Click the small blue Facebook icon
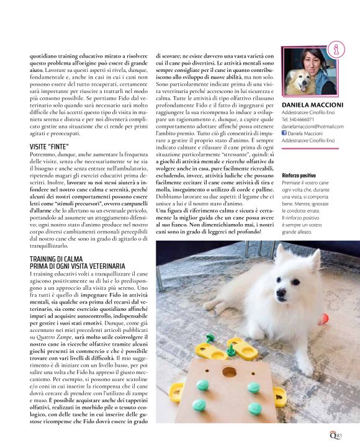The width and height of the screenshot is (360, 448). point(284,133)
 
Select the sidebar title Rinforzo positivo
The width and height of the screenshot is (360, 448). point(299,176)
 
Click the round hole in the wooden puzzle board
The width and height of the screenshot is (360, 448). point(229,373)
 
